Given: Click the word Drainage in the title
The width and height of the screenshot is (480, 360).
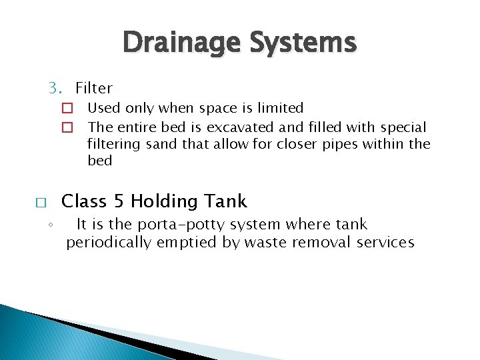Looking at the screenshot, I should click(182, 43).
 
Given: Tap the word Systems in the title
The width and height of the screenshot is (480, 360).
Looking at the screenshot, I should click(303, 43).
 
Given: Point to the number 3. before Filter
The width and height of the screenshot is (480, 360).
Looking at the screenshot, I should click(55, 88).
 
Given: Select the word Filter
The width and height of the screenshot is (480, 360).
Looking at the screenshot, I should click(94, 88).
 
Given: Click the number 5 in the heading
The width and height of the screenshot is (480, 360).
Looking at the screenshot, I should click(119, 201).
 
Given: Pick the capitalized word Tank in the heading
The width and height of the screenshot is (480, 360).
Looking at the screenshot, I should click(226, 201).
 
